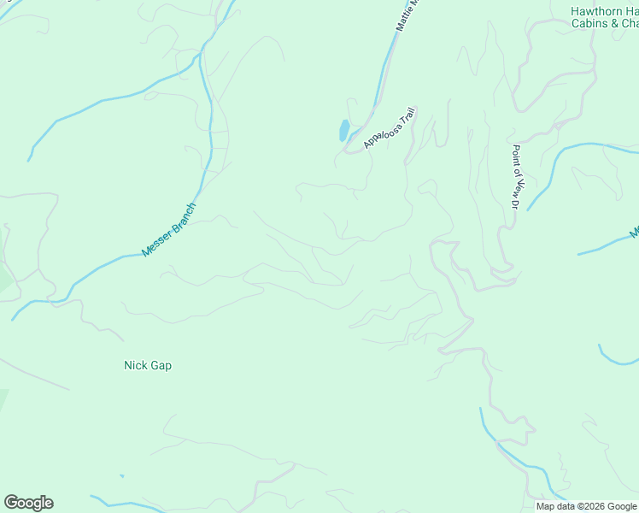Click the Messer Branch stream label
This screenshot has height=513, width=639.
[169, 229]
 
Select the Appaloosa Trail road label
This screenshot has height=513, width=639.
[389, 127]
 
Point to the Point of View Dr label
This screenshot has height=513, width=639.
[515, 175]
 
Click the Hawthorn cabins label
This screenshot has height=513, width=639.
[604, 17]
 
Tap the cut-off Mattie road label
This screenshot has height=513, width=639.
[408, 15]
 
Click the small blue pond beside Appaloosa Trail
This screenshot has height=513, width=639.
[343, 130]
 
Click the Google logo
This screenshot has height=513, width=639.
[28, 503]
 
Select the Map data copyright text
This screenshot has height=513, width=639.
[586, 506]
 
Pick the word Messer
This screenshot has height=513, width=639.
[156, 242]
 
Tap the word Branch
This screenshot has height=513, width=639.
[183, 216]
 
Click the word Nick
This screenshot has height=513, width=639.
[132, 365]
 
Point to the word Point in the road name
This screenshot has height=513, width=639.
[515, 155]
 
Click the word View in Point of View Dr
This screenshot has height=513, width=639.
[515, 184]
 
